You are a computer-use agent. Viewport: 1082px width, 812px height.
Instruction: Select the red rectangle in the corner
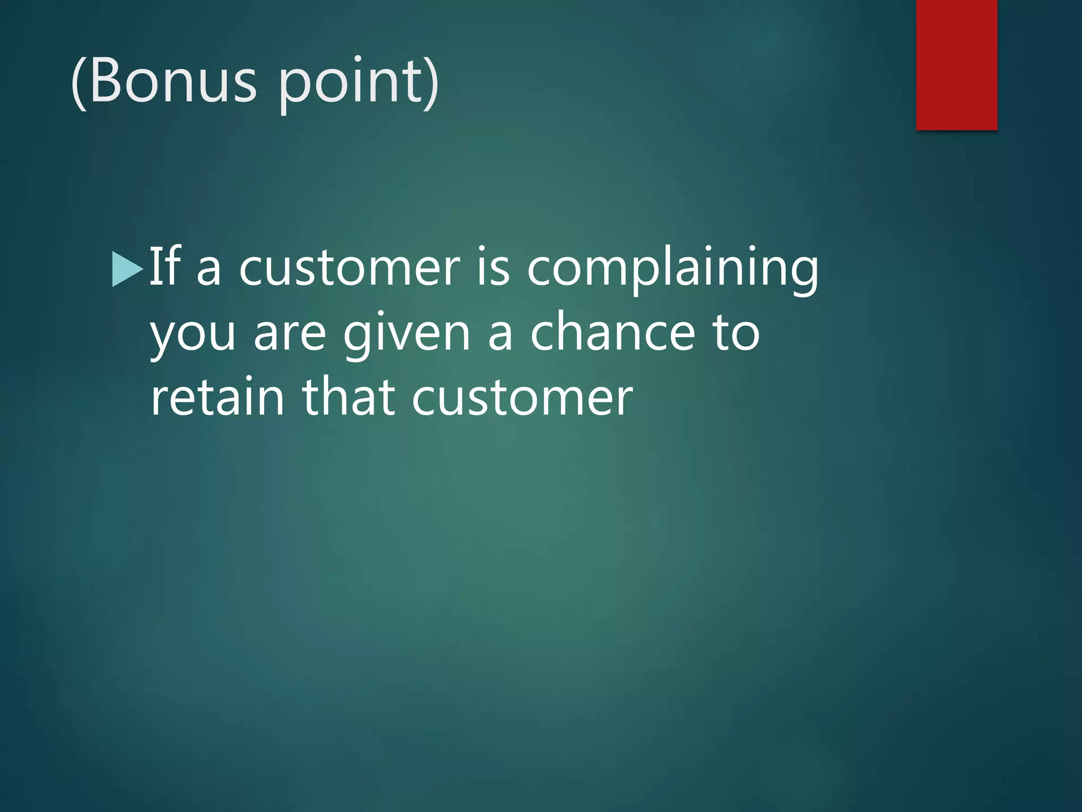[956, 64]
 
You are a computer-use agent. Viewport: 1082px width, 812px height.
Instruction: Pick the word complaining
[673, 270]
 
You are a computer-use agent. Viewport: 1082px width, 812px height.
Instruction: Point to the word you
[192, 336]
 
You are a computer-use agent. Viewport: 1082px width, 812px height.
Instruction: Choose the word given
[406, 335]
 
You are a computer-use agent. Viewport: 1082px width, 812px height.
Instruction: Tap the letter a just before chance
[499, 335]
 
